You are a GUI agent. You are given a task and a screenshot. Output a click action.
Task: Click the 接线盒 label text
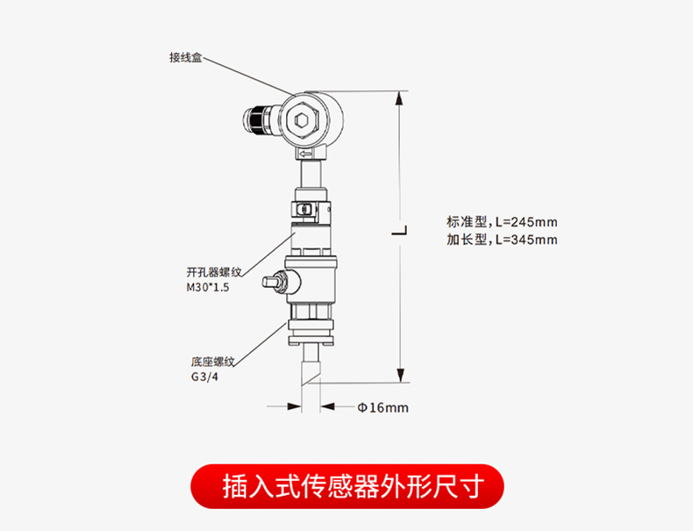click(x=186, y=57)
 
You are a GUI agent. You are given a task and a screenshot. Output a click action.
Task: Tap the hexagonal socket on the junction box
click(x=302, y=120)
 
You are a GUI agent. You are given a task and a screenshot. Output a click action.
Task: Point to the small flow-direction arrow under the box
click(x=306, y=154)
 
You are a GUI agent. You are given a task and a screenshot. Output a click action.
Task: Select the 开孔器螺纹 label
click(x=214, y=272)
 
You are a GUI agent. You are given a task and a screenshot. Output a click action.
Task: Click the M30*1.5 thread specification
click(x=208, y=287)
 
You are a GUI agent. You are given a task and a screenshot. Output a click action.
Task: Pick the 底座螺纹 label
click(x=212, y=362)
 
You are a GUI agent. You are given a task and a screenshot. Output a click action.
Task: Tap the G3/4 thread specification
click(x=204, y=377)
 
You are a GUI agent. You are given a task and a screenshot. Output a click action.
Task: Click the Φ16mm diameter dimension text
click(x=382, y=407)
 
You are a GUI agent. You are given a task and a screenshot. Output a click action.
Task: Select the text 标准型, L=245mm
click(x=502, y=221)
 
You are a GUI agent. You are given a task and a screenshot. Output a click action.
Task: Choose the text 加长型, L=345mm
click(x=502, y=240)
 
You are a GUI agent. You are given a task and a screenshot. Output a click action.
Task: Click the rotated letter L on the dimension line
click(x=399, y=230)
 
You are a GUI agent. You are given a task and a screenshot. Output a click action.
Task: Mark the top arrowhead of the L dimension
click(x=400, y=98)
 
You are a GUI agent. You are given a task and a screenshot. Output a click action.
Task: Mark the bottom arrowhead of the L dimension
click(x=400, y=375)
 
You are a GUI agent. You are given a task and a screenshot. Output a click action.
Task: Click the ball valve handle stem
click(x=274, y=281)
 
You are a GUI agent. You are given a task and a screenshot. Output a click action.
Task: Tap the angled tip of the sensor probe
click(x=310, y=374)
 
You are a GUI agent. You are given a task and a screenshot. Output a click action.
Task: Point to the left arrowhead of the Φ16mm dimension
click(x=295, y=406)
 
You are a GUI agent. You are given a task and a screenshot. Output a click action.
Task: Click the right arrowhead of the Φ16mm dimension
click(x=327, y=406)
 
